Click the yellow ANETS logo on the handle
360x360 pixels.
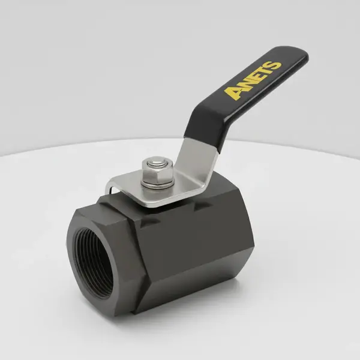(x=253, y=79)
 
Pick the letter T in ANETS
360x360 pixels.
(x=264, y=72)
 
